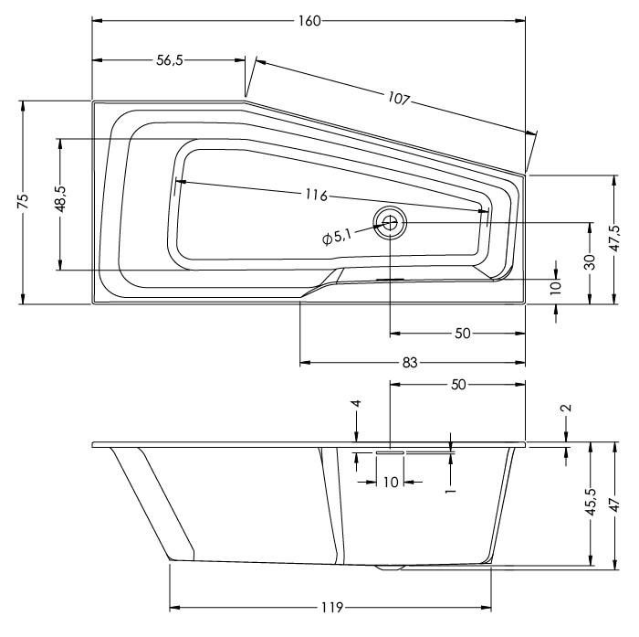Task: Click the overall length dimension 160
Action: (x=309, y=21)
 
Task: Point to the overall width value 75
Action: (x=23, y=202)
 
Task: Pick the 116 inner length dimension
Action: (x=316, y=195)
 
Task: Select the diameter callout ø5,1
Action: (x=337, y=237)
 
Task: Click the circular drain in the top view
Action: (x=391, y=220)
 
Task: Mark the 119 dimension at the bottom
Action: (x=331, y=607)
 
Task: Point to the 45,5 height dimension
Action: (x=591, y=502)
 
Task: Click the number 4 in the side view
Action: (x=357, y=403)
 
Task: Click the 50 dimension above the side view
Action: (x=458, y=385)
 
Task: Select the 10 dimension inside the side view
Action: (x=391, y=483)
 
